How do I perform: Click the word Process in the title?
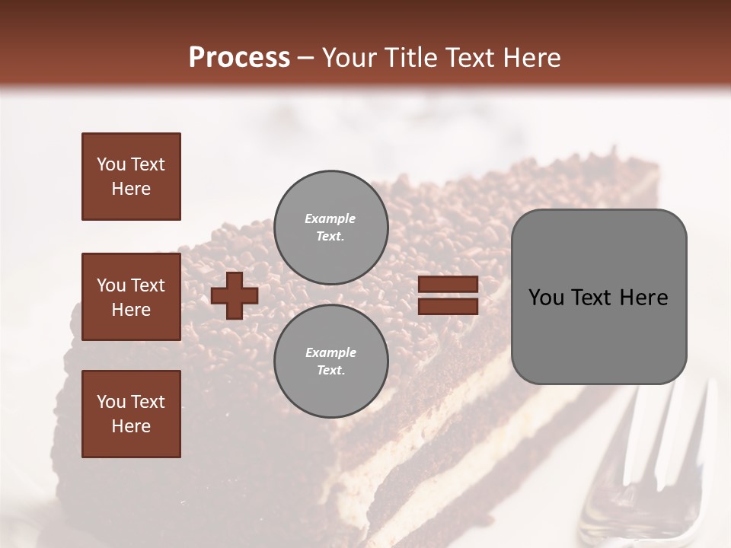click(239, 57)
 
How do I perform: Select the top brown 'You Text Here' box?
click(131, 177)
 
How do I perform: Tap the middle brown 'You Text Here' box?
click(131, 297)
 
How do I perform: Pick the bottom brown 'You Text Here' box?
click(131, 413)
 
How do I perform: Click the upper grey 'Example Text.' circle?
click(330, 227)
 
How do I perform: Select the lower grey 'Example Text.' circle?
click(330, 361)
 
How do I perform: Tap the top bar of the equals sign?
click(448, 285)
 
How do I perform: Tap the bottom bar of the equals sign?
click(448, 307)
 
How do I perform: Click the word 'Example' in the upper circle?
click(330, 218)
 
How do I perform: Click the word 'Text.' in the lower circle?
click(330, 371)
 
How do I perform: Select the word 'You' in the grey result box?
click(546, 298)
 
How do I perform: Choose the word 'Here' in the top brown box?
click(131, 189)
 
